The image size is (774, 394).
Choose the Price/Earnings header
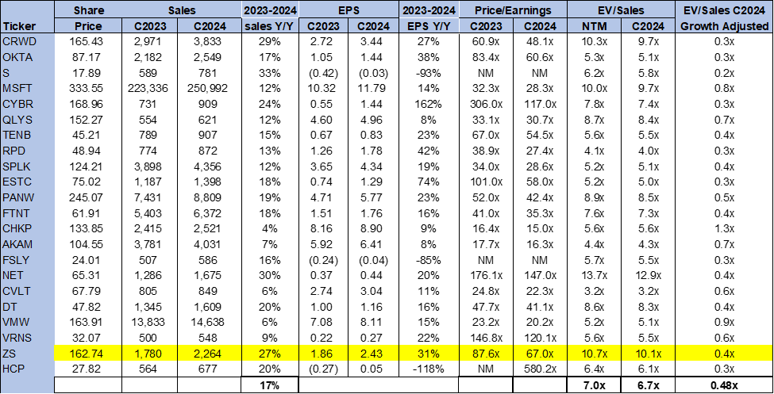[x=512, y=10]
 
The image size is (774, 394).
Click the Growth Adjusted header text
[x=724, y=25]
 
